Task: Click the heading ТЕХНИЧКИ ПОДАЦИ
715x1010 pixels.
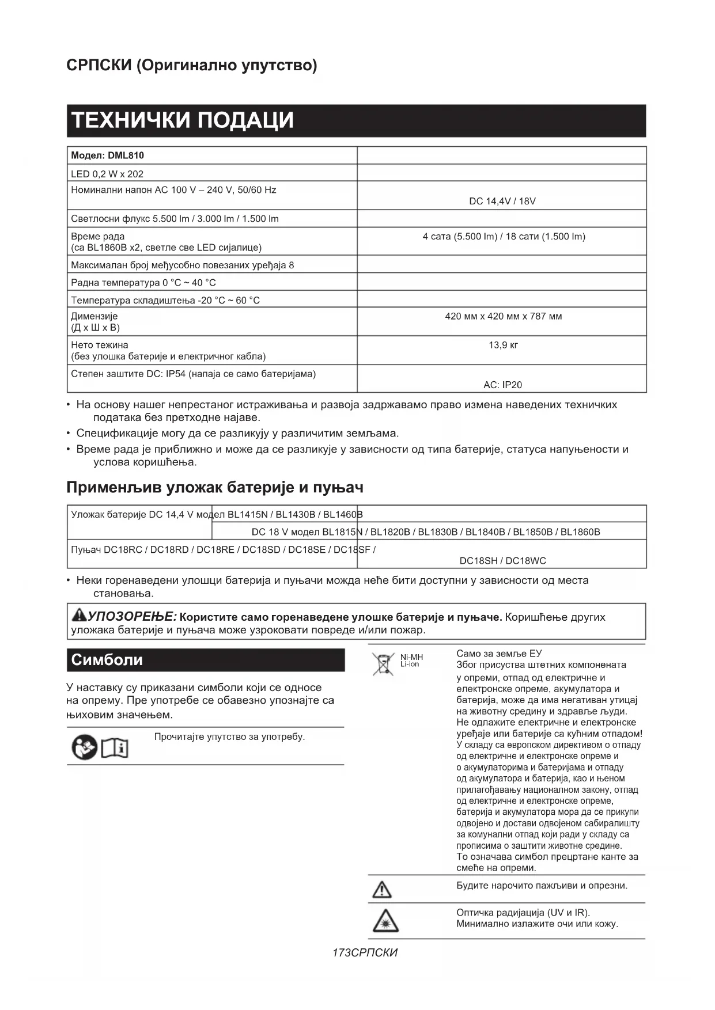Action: click(182, 120)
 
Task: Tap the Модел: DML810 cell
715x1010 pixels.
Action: click(108, 155)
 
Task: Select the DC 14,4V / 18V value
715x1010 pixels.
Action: click(502, 201)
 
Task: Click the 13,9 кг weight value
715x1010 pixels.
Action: click(503, 345)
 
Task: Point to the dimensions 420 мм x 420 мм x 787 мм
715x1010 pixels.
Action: click(503, 316)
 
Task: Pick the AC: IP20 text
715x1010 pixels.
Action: click(502, 385)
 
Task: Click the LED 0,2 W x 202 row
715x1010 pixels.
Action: click(107, 174)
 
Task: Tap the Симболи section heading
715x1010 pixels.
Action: click(107, 660)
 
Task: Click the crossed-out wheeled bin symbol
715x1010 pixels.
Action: click(382, 664)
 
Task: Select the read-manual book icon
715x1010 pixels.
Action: click(115, 747)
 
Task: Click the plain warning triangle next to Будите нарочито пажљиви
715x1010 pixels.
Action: click(381, 890)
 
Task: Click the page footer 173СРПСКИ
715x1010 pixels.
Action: click(365, 952)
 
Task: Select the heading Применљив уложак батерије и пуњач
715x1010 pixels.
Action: click(215, 487)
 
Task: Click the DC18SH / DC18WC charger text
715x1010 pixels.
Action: click(502, 560)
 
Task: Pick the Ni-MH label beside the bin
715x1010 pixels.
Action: click(411, 657)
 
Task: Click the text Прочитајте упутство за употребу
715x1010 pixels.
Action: click(229, 736)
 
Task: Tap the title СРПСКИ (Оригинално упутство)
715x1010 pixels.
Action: click(192, 65)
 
